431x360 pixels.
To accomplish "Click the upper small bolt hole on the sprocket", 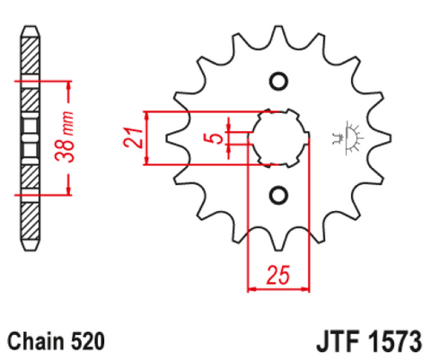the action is click(278, 81).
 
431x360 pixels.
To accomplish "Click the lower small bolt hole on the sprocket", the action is click(278, 196).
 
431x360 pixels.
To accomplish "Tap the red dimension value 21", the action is click(133, 137).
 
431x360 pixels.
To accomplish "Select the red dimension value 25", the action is click(278, 275).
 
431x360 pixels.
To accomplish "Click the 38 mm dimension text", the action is click(65, 137).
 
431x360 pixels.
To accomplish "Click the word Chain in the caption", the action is click(36, 341).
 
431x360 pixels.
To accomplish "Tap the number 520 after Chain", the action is click(88, 341).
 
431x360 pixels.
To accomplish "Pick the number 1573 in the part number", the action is click(394, 341).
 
